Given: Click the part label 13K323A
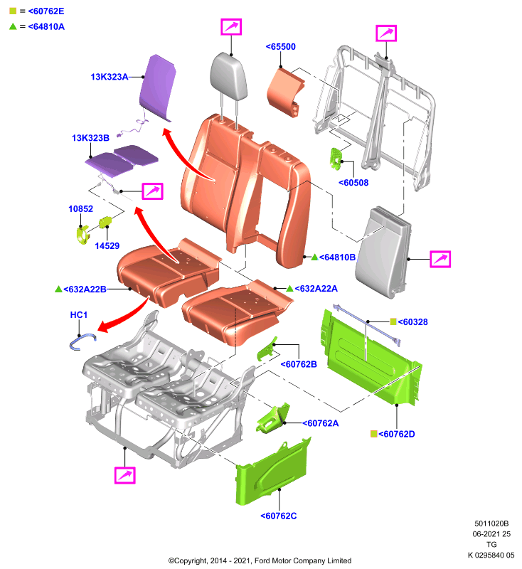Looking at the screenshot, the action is click(110, 77).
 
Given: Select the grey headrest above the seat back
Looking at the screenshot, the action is click(228, 77).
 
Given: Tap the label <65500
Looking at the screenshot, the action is click(281, 47).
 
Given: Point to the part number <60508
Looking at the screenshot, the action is click(353, 183).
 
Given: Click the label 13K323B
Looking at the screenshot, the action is click(90, 138).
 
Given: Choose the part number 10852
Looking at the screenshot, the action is click(80, 208).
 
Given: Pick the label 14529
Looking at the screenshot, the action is click(107, 245).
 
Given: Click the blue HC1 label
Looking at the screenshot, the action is click(79, 314).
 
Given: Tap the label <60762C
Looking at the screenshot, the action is click(279, 516).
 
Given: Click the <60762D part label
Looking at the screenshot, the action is click(397, 434).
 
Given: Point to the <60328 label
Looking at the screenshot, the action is click(412, 322).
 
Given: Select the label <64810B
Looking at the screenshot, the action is click(337, 257).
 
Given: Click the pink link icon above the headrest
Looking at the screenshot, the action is click(231, 27).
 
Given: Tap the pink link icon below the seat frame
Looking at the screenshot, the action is click(124, 475).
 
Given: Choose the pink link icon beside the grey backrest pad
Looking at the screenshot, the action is click(440, 259).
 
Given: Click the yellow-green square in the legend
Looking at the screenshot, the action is click(13, 11).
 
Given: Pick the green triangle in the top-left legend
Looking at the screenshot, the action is click(13, 26).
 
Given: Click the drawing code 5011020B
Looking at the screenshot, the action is click(491, 523).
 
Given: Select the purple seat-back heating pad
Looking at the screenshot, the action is click(157, 87).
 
